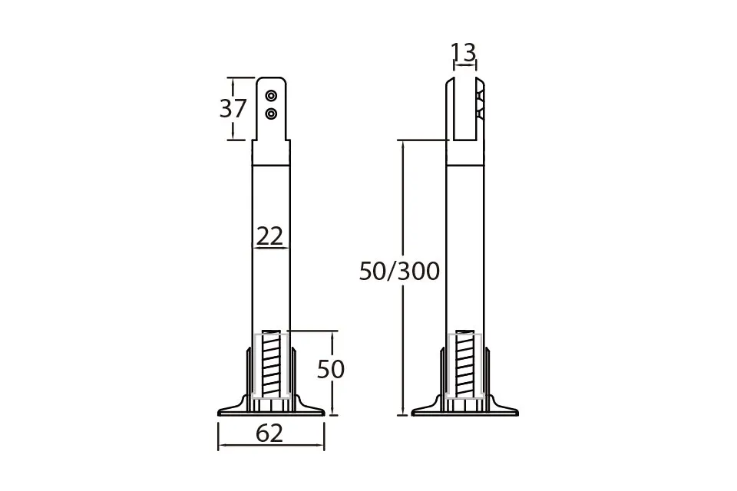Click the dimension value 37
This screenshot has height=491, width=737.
pyautogui.click(x=233, y=109)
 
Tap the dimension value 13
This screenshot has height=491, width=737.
pyautogui.click(x=463, y=52)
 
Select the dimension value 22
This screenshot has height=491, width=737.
pyautogui.click(x=269, y=236)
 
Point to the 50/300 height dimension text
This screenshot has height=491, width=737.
pyautogui.click(x=399, y=271)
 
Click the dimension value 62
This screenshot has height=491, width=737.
pyautogui.click(x=269, y=433)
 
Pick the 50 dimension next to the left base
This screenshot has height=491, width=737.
pyautogui.click(x=330, y=370)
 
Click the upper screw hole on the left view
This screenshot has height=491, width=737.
pyautogui.click(x=271, y=96)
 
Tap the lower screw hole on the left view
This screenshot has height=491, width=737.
pyautogui.click(x=271, y=114)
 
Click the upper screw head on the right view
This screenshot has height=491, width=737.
pyautogui.click(x=480, y=97)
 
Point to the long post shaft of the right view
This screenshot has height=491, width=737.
pyautogui.click(x=465, y=245)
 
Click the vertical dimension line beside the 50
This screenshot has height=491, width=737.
pyautogui.click(x=332, y=399)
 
